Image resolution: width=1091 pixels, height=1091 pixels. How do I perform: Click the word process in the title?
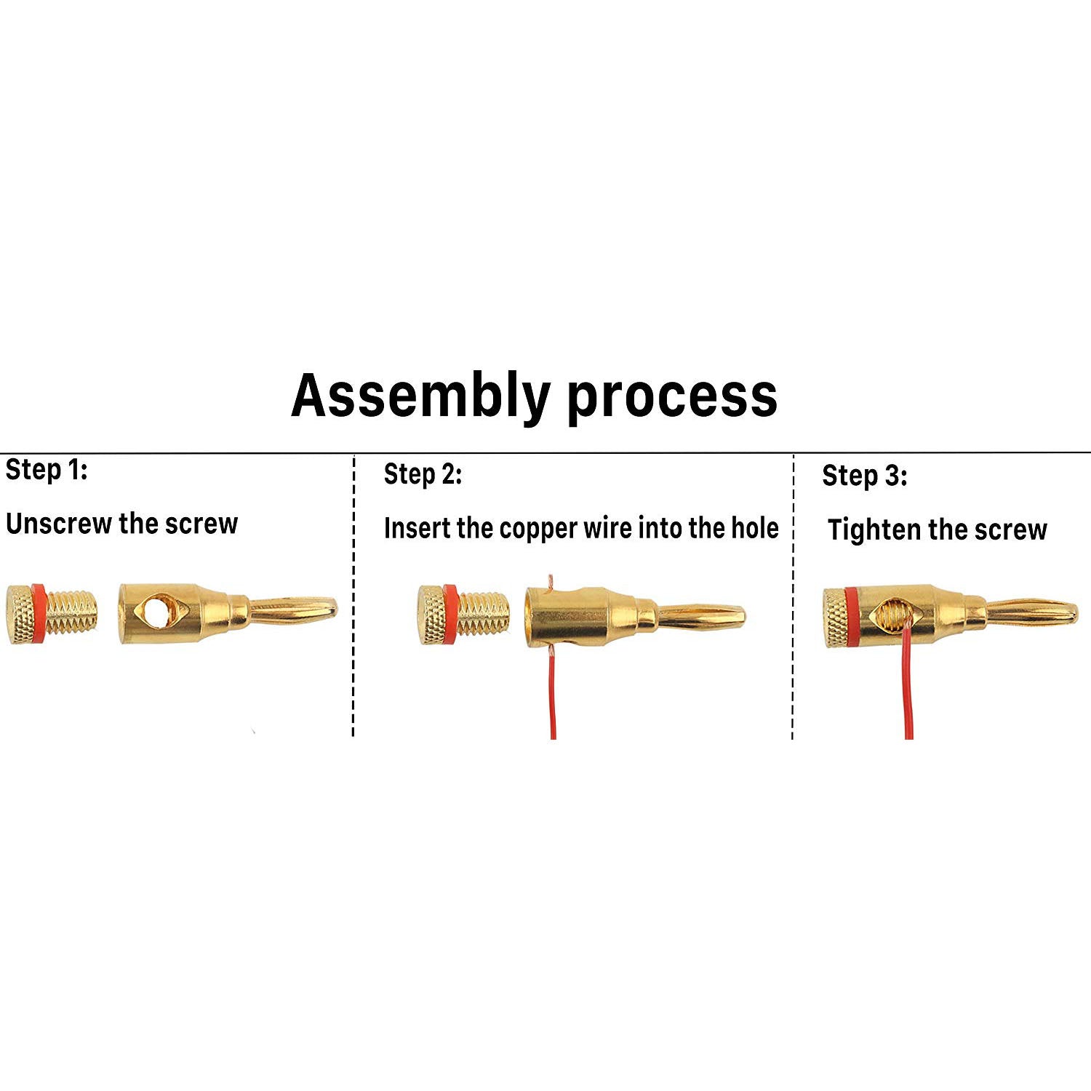(672, 397)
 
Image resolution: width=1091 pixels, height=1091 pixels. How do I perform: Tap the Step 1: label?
(47, 470)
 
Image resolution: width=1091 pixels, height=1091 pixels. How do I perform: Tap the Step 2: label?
(423, 474)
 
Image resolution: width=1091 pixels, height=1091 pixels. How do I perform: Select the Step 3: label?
(864, 476)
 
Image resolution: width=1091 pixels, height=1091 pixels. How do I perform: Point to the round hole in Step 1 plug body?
(155, 612)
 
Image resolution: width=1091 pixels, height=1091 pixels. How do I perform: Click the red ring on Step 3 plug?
(852, 618)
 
